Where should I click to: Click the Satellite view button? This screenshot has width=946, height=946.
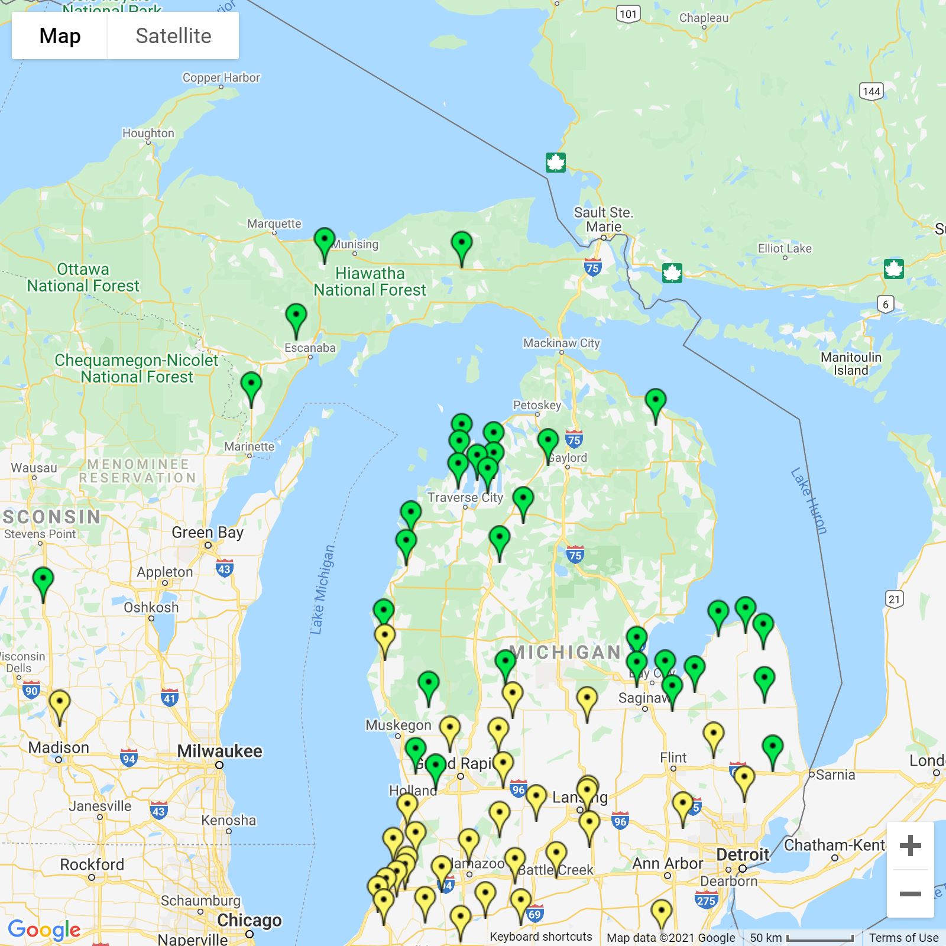pyautogui.click(x=173, y=36)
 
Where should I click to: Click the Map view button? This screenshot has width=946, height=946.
pyautogui.click(x=60, y=36)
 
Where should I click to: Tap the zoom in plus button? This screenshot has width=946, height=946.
pyautogui.click(x=910, y=845)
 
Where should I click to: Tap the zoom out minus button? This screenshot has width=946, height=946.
pyautogui.click(x=910, y=894)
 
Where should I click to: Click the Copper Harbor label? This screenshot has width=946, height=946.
pyautogui.click(x=221, y=77)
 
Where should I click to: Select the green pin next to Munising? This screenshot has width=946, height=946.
pyautogui.click(x=324, y=242)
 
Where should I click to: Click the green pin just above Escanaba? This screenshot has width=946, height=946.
pyautogui.click(x=296, y=318)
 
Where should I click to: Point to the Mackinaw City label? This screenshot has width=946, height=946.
pyautogui.click(x=561, y=343)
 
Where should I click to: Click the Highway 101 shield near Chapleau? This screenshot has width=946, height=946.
pyautogui.click(x=628, y=14)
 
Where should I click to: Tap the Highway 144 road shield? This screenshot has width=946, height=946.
pyautogui.click(x=872, y=91)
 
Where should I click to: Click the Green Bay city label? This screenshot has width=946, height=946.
pyautogui.click(x=208, y=532)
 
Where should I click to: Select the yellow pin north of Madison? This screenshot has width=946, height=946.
pyautogui.click(x=59, y=704)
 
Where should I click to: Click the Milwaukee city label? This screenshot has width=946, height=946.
pyautogui.click(x=219, y=751)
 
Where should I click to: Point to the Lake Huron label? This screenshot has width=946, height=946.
pyautogui.click(x=808, y=501)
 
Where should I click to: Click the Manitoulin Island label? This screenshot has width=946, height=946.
pyautogui.click(x=851, y=364)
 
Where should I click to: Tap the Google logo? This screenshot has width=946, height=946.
pyautogui.click(x=44, y=929)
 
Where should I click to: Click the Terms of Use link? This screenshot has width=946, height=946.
pyautogui.click(x=903, y=938)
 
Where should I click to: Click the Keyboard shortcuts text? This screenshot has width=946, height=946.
pyautogui.click(x=540, y=937)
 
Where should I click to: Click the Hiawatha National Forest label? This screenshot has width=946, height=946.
pyautogui.click(x=370, y=281)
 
